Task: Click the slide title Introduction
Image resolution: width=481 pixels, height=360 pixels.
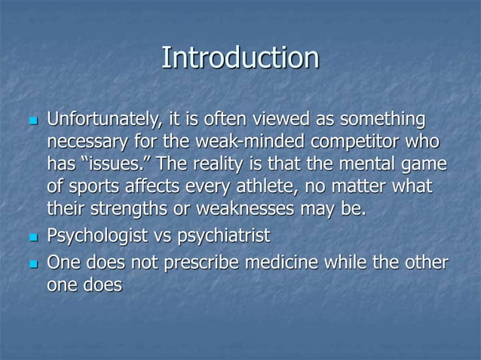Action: tap(240, 58)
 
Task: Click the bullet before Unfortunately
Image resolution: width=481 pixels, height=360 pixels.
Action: tap(31, 121)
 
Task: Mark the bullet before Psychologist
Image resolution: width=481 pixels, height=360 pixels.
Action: tap(31, 238)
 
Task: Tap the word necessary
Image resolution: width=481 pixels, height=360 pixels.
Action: tap(86, 142)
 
